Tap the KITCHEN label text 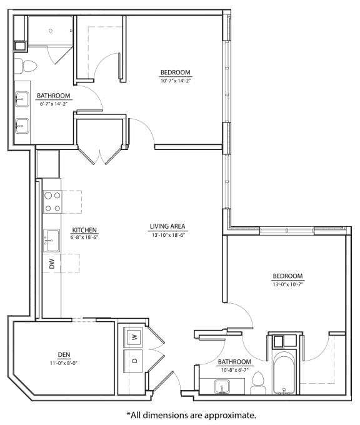84,229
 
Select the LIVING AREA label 167,226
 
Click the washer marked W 133,337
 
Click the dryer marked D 133,361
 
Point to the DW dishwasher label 52,264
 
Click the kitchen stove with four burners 52,202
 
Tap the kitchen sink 51,239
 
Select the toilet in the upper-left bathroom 21,65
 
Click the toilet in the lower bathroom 258,383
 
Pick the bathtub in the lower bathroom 285,373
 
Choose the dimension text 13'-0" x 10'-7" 287,284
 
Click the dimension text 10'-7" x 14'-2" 175,81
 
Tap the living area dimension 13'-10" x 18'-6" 167,235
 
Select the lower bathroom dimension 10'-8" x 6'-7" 234,370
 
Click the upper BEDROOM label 175,72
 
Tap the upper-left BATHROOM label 53,96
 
